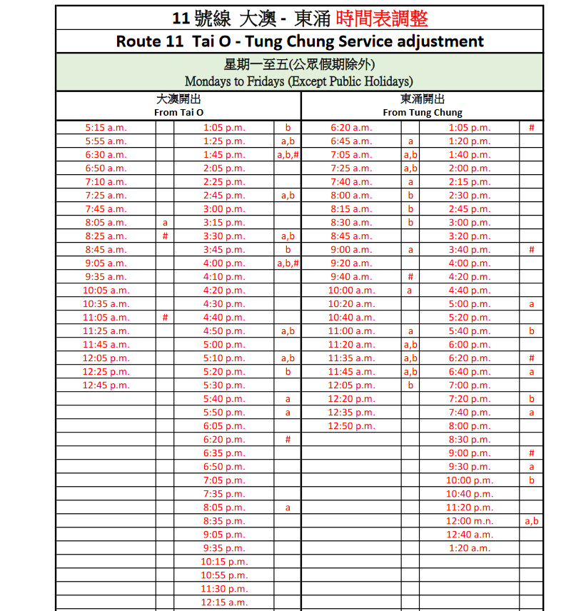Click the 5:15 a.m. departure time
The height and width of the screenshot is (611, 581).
coord(106,128)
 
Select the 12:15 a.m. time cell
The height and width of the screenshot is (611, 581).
coord(224,602)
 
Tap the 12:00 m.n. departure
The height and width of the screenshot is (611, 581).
coord(469,521)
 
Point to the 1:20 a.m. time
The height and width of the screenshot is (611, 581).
coord(469,548)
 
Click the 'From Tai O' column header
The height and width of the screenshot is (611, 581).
coord(178,113)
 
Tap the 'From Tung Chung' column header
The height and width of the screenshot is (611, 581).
coord(422,113)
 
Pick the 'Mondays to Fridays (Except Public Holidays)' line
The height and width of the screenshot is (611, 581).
coord(298,81)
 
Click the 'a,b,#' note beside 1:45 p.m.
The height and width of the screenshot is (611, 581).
coord(288,155)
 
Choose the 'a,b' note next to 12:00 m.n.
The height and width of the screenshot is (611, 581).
coord(531,521)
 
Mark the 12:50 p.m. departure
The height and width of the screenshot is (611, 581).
coord(350,426)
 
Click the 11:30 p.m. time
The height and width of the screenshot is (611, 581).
coord(224,589)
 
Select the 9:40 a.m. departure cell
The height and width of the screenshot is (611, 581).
coord(350,277)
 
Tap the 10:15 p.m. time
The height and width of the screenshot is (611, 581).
coord(224,562)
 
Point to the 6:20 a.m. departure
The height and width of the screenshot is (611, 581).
coord(350,128)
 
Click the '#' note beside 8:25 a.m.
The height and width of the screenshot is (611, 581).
coord(165,236)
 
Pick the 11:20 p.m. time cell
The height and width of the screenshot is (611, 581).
coord(469,508)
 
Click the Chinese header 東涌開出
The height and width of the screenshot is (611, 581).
coord(422,99)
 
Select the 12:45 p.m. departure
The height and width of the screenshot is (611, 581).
coord(106,385)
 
